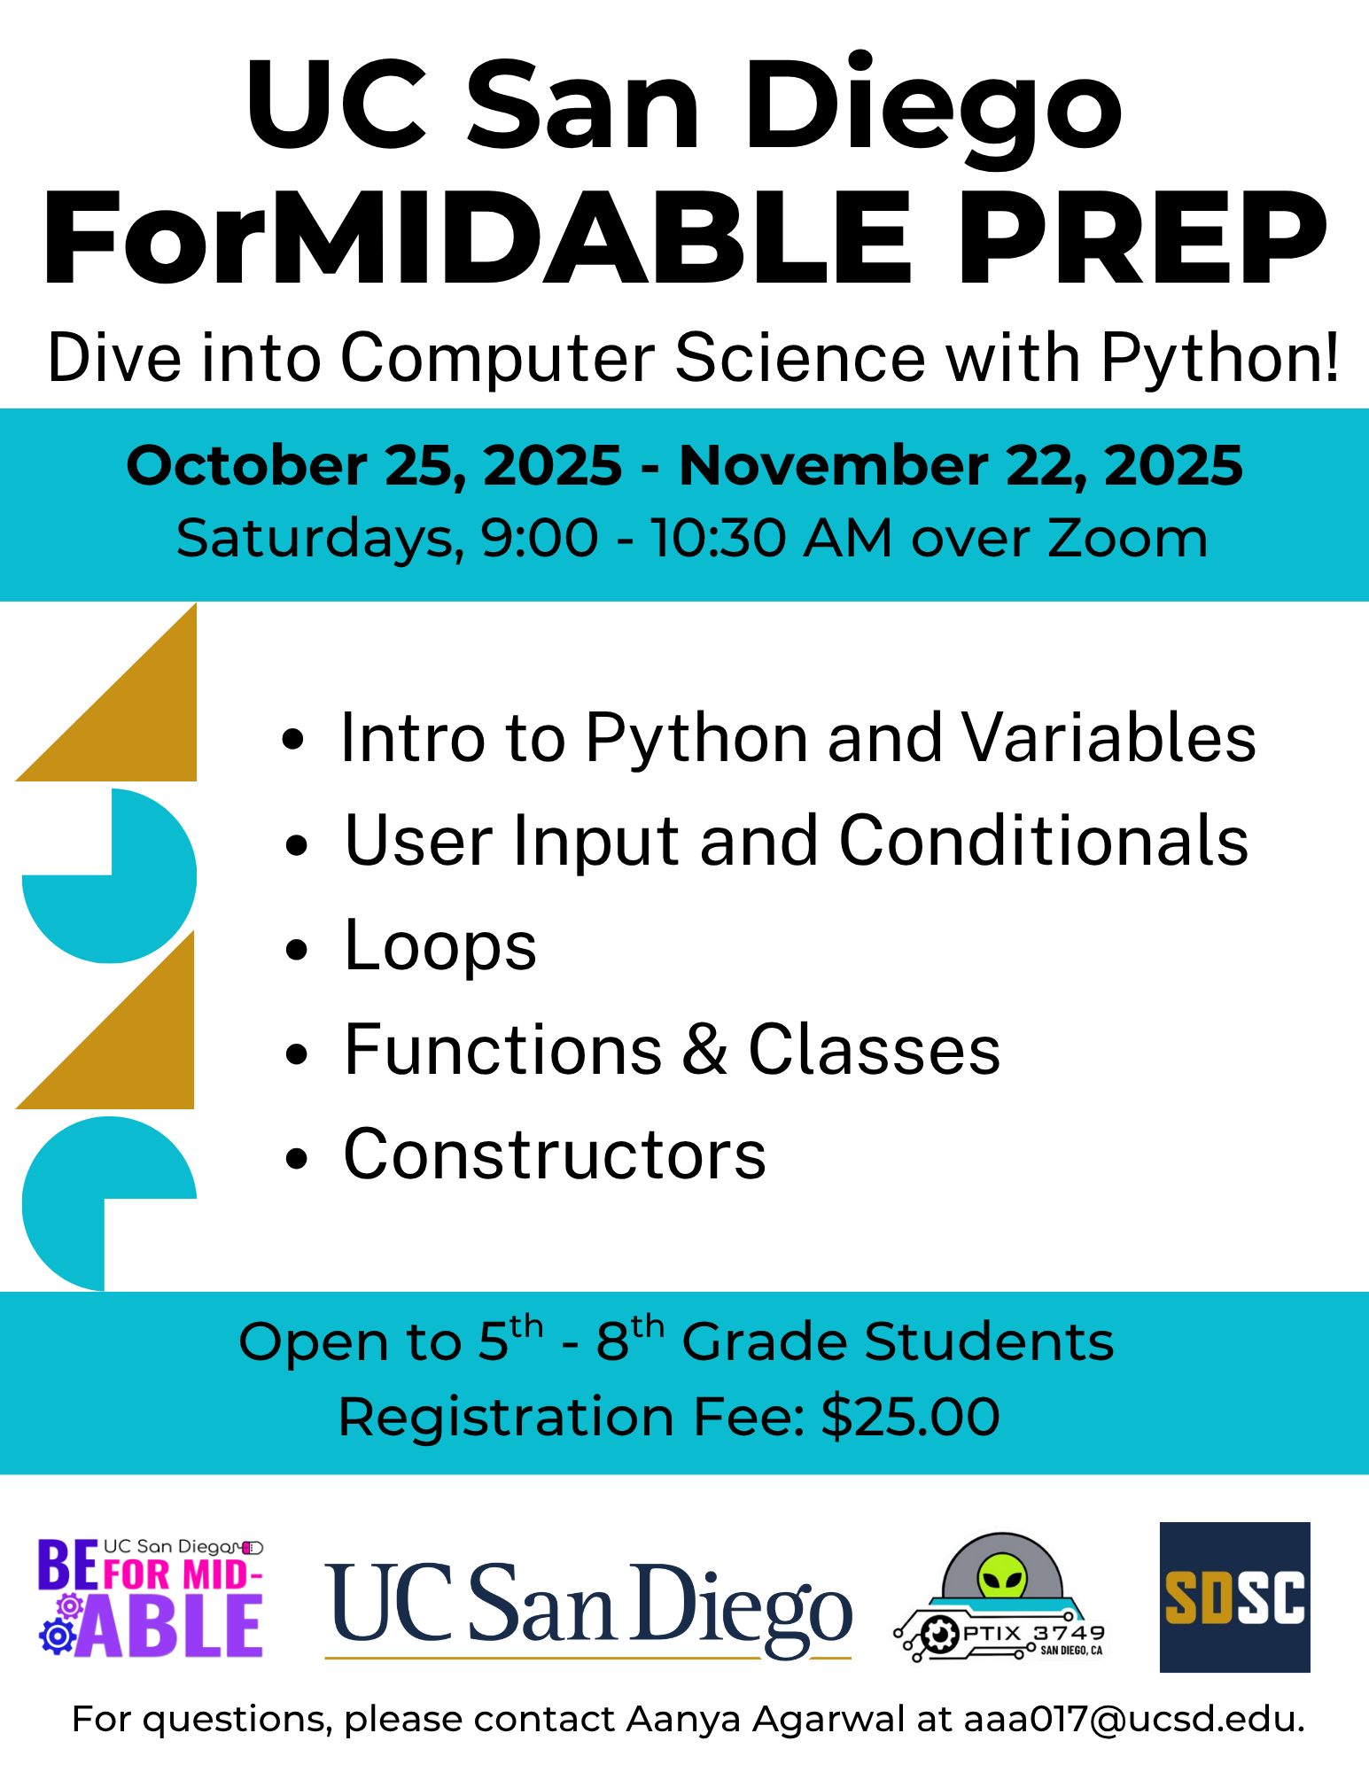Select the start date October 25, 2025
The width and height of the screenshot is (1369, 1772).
pyautogui.click(x=374, y=466)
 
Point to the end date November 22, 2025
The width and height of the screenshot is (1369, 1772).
pyautogui.click(x=961, y=466)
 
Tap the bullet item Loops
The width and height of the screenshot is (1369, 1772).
pyautogui.click(x=440, y=945)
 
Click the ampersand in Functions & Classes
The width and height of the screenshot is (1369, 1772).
pyautogui.click(x=704, y=1050)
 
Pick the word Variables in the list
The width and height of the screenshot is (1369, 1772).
pyautogui.click(x=1109, y=737)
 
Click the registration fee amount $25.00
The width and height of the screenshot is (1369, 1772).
pyautogui.click(x=910, y=1416)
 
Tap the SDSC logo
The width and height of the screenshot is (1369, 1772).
pyautogui.click(x=1234, y=1597)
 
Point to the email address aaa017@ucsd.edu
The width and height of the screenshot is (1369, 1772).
pyautogui.click(x=1134, y=1720)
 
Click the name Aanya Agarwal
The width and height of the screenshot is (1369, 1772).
pyautogui.click(x=766, y=1720)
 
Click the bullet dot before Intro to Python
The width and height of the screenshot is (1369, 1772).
pyautogui.click(x=293, y=740)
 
